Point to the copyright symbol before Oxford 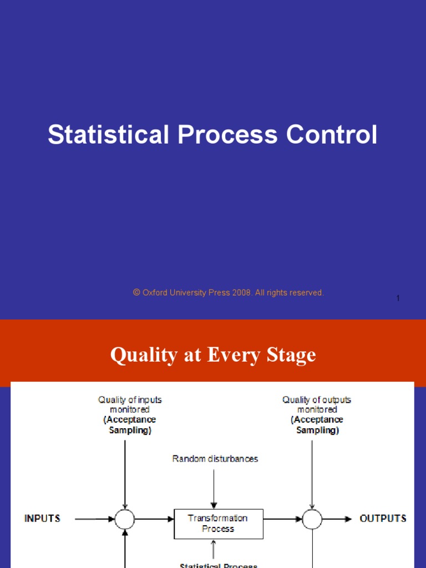[136, 292]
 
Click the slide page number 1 [398, 298]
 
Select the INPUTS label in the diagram [43, 519]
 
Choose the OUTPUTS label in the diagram [383, 519]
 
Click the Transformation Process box [219, 524]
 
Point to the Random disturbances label [215, 459]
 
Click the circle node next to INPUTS [125, 519]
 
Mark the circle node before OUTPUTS [312, 519]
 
